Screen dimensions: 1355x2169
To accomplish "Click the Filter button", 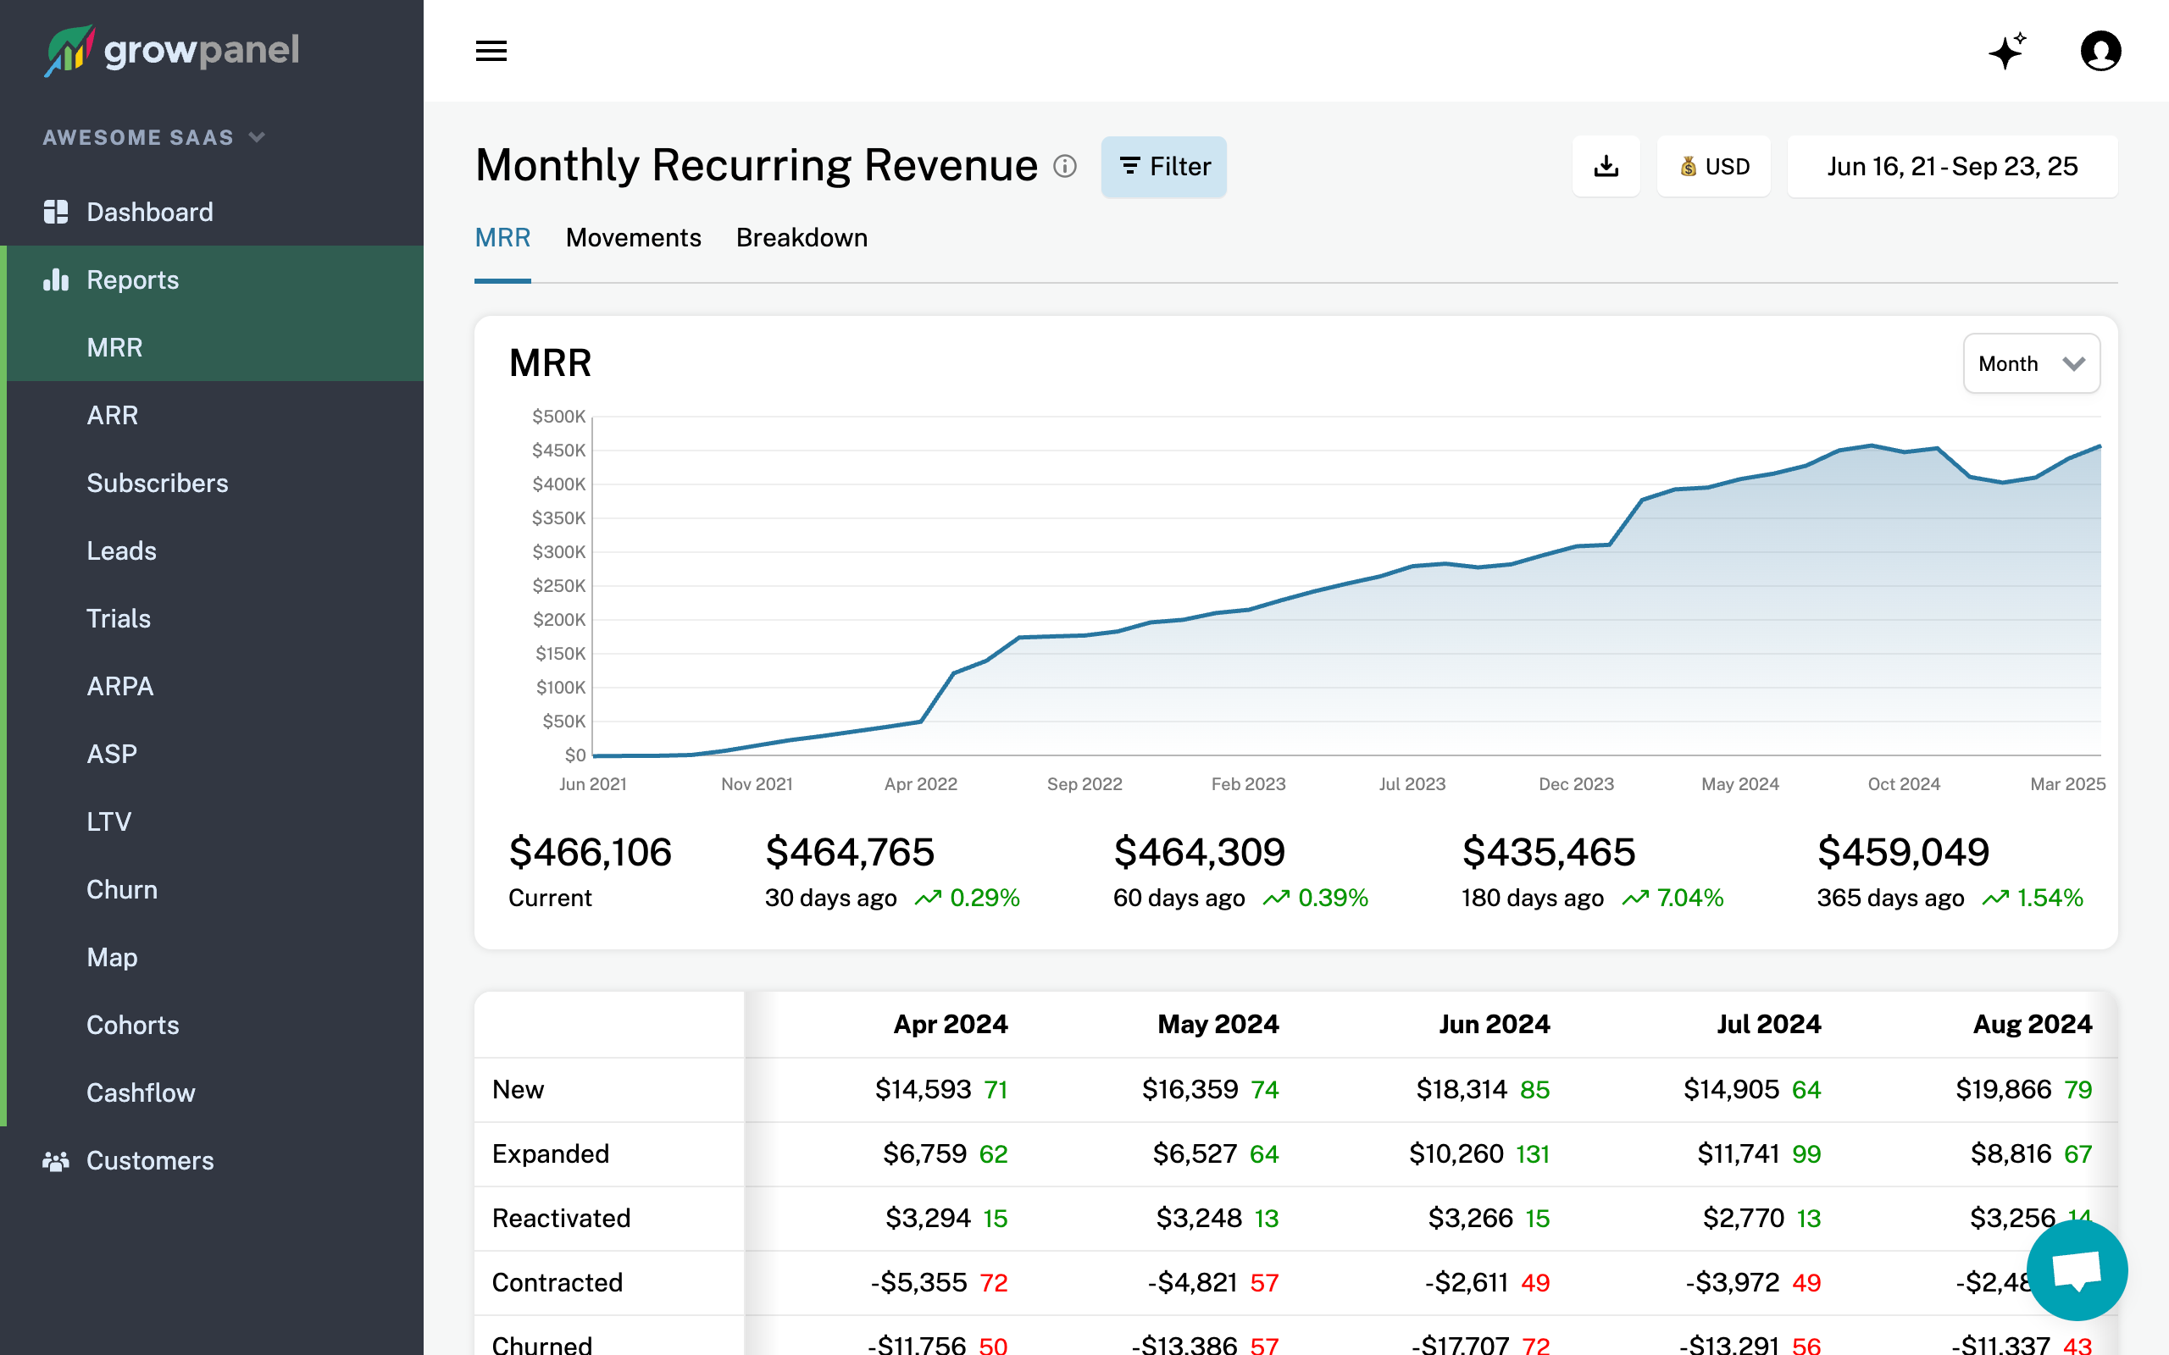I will click(1163, 167).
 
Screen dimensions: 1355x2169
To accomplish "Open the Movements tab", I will click(633, 237).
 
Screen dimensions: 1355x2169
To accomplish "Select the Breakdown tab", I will click(802, 237).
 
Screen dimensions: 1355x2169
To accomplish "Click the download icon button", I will click(1606, 167).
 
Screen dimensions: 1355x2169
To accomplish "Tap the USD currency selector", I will click(1714, 167).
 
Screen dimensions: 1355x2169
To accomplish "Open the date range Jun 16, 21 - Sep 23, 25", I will click(1951, 167).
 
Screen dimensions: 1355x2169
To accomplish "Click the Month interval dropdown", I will click(2030, 364).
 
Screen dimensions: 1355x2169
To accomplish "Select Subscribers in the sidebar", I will click(157, 483).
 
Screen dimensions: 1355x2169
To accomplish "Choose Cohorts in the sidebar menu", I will click(133, 1026).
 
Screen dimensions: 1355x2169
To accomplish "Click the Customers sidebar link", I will click(150, 1160).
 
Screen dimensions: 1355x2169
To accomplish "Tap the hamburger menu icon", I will click(491, 51).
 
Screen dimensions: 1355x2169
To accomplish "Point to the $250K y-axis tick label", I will click(558, 586).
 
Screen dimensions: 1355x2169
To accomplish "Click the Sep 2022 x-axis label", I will click(1084, 784).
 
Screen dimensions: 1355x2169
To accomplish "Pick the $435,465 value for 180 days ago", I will click(1548, 852).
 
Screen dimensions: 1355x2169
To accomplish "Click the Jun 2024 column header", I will click(1494, 1025).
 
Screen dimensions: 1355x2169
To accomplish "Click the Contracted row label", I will click(557, 1282).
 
